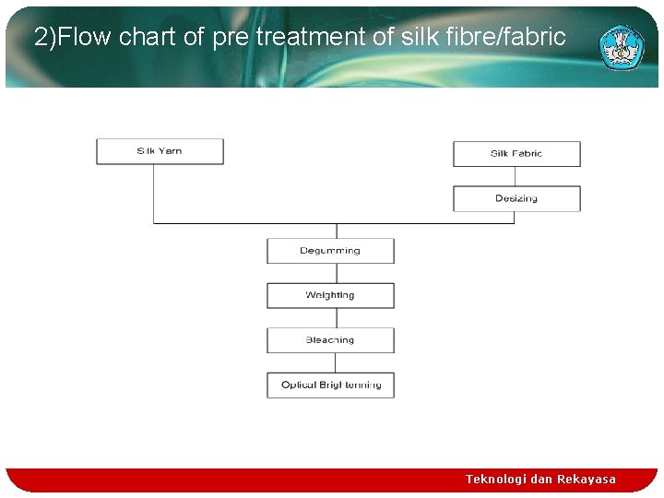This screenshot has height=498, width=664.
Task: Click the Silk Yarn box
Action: (x=160, y=151)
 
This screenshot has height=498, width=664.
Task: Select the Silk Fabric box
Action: (x=516, y=154)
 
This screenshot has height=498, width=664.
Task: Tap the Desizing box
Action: (x=516, y=198)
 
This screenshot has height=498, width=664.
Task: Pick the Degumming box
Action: (x=330, y=251)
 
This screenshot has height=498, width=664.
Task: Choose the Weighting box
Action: (x=330, y=295)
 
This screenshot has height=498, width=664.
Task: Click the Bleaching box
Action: (x=330, y=340)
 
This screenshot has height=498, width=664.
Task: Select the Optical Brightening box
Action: (x=330, y=385)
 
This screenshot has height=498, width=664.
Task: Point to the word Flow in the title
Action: (x=87, y=37)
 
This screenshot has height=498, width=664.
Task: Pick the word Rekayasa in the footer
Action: (x=587, y=479)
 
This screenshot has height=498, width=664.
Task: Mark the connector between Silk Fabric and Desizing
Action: (x=516, y=176)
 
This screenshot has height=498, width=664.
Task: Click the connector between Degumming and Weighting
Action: (x=337, y=273)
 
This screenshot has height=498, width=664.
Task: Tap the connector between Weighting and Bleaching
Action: (x=337, y=318)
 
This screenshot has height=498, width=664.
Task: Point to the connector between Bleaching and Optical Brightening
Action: (x=337, y=362)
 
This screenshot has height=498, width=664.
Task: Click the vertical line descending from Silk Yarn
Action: (x=153, y=194)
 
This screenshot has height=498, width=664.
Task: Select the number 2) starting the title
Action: (x=45, y=37)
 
